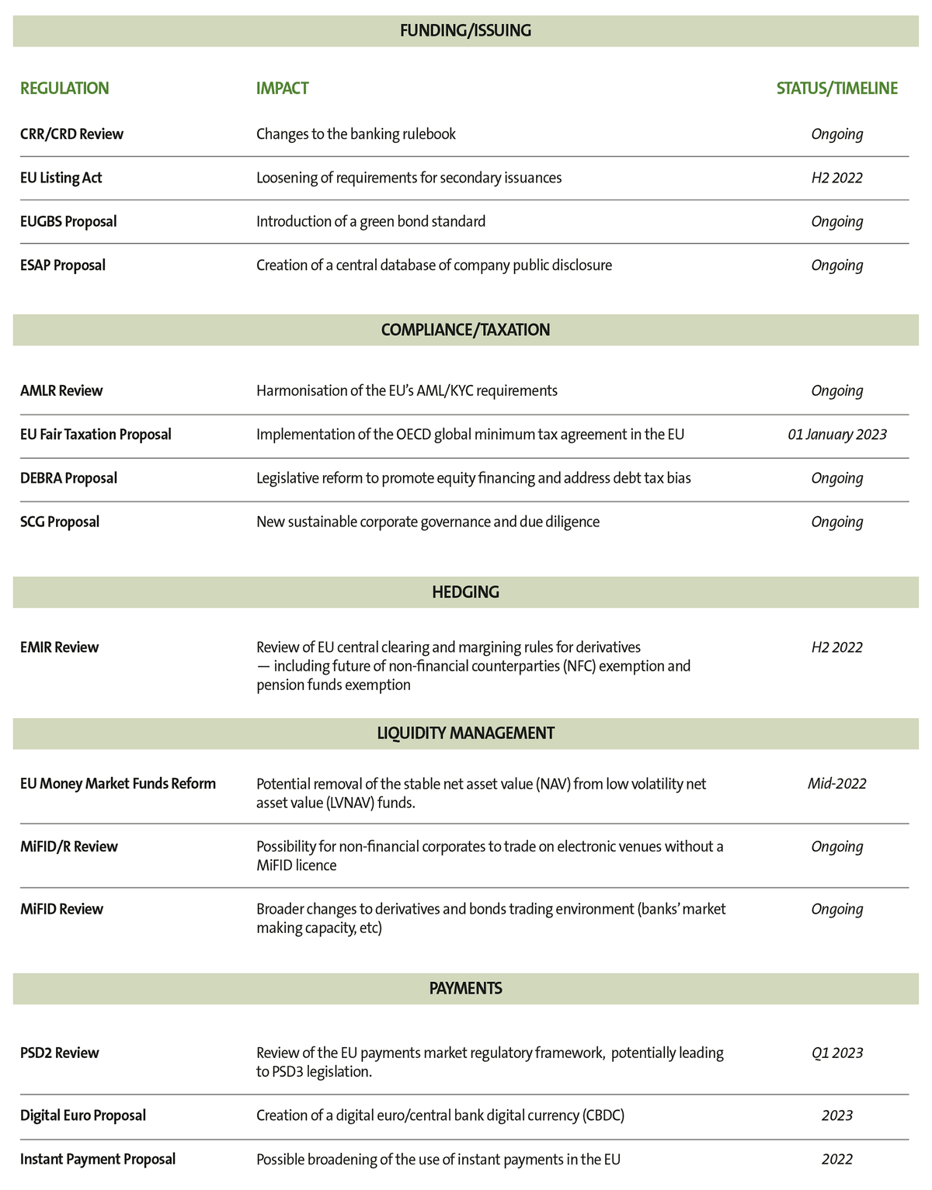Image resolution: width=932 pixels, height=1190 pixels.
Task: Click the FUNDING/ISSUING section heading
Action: [x=465, y=31]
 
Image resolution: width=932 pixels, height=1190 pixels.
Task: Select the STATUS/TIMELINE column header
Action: [x=836, y=88]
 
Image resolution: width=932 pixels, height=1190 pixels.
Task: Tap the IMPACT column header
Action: [x=282, y=88]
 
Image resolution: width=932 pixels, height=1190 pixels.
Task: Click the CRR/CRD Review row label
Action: [x=71, y=134]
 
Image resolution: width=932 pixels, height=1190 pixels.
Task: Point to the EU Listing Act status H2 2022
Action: [x=836, y=178]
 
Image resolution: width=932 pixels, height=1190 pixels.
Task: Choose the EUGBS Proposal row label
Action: [x=68, y=221]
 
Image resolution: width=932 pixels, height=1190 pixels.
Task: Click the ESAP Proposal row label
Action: [x=62, y=265]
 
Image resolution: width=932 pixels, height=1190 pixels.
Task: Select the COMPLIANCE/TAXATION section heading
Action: [x=465, y=330]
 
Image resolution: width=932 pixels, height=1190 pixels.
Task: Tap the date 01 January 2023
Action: [x=836, y=435]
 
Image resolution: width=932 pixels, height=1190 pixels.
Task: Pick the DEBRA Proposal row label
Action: [x=68, y=478]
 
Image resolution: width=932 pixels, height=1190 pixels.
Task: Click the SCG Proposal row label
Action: [x=60, y=522]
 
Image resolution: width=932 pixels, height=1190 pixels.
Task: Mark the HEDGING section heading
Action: [x=465, y=592]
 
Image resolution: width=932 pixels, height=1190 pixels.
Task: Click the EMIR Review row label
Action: [x=59, y=647]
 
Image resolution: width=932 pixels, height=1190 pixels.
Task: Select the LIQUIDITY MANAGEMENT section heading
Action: [x=465, y=734]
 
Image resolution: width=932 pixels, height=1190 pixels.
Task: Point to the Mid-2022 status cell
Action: [x=836, y=784]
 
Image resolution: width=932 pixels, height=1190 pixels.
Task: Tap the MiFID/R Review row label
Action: [x=69, y=847]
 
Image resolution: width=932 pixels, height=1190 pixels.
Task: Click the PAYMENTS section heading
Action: [x=465, y=989]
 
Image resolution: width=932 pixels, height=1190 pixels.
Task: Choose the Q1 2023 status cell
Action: [x=836, y=1053]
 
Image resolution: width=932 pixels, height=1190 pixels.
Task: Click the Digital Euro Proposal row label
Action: [x=83, y=1115]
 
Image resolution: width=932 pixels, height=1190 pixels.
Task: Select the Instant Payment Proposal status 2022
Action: [x=836, y=1160]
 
